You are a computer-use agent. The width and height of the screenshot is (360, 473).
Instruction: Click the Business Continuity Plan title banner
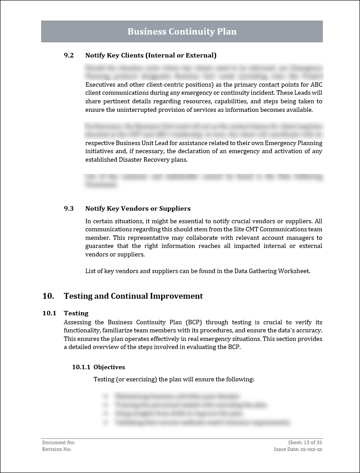click(x=182, y=31)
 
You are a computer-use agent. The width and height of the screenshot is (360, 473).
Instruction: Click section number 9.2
click(x=69, y=55)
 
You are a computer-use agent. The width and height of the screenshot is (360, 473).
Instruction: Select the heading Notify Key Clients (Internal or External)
click(x=151, y=55)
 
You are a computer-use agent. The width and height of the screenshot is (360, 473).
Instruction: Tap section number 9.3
click(x=69, y=208)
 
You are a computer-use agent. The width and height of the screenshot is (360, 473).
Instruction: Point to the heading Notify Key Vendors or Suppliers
click(x=138, y=208)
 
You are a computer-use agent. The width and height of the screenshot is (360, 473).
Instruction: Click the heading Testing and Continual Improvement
click(x=133, y=296)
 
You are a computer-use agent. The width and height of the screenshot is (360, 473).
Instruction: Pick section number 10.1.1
click(x=81, y=367)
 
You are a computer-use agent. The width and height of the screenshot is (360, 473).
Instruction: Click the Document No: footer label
click(x=56, y=442)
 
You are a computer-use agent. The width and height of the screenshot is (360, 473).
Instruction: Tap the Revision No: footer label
click(x=57, y=449)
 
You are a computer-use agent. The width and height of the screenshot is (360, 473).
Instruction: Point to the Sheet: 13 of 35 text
click(x=305, y=442)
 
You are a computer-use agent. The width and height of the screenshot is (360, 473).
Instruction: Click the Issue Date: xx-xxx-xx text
click(x=298, y=449)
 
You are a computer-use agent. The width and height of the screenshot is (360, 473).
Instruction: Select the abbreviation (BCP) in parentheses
click(x=193, y=322)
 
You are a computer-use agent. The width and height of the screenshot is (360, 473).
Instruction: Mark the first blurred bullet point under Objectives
click(x=178, y=397)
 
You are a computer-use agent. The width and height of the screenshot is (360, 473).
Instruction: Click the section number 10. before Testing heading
click(x=48, y=296)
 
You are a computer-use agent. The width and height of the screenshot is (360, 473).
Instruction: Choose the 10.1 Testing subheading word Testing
click(x=76, y=313)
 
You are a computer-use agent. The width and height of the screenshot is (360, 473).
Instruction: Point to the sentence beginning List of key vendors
click(x=198, y=271)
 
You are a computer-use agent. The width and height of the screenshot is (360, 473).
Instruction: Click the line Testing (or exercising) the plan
click(x=174, y=380)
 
